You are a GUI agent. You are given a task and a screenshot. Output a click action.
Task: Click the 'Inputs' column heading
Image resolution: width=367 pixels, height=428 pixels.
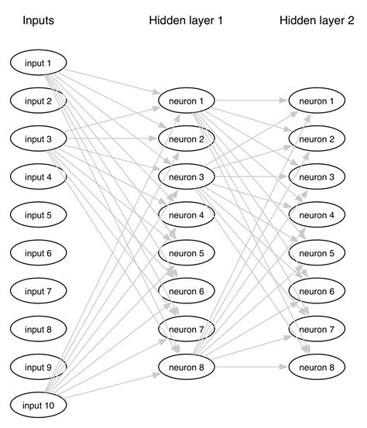coord(38,21)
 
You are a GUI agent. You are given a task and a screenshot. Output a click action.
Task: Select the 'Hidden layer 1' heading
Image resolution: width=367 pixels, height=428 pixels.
coord(186,21)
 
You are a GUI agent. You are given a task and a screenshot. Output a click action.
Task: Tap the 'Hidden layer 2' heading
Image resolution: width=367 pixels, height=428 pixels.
coord(317,21)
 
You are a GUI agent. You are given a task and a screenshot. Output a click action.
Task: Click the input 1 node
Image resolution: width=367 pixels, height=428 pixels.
coord(38,63)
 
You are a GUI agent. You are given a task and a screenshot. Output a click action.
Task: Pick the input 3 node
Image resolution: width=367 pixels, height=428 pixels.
coord(38,139)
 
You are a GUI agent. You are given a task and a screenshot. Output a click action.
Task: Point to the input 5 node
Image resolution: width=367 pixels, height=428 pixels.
coord(38,215)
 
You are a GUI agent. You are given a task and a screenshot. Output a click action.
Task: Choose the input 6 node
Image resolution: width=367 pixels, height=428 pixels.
coord(38,253)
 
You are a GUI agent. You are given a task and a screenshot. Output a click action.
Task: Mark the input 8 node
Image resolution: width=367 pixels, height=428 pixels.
coord(38,329)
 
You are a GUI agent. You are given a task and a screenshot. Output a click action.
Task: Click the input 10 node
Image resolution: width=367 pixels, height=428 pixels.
coord(38,405)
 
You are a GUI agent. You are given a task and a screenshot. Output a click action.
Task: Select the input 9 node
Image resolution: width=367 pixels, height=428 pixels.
coord(38,367)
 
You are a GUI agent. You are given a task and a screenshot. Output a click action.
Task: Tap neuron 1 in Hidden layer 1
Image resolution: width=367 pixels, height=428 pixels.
coord(186,101)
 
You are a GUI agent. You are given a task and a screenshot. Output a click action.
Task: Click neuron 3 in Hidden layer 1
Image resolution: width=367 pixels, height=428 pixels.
coord(186,176)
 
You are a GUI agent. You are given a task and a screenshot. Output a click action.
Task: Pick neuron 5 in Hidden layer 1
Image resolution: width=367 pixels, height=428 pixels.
coord(186,252)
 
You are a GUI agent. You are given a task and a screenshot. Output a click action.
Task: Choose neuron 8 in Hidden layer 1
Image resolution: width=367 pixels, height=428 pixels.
coord(186,367)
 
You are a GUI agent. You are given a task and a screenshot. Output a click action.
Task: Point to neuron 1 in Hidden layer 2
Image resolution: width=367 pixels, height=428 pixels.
coord(317,101)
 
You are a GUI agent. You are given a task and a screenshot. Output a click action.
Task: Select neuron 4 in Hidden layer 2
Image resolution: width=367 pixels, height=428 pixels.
coord(317,214)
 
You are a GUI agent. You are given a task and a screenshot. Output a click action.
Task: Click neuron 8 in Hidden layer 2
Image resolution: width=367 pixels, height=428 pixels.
coord(317,367)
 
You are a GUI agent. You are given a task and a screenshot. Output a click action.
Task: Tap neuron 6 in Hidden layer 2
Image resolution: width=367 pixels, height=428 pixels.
coord(317,291)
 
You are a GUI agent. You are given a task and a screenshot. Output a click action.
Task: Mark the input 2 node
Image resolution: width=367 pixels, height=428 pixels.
coord(38,101)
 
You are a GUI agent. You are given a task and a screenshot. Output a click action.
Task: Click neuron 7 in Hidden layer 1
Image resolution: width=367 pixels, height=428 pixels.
coord(186,329)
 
